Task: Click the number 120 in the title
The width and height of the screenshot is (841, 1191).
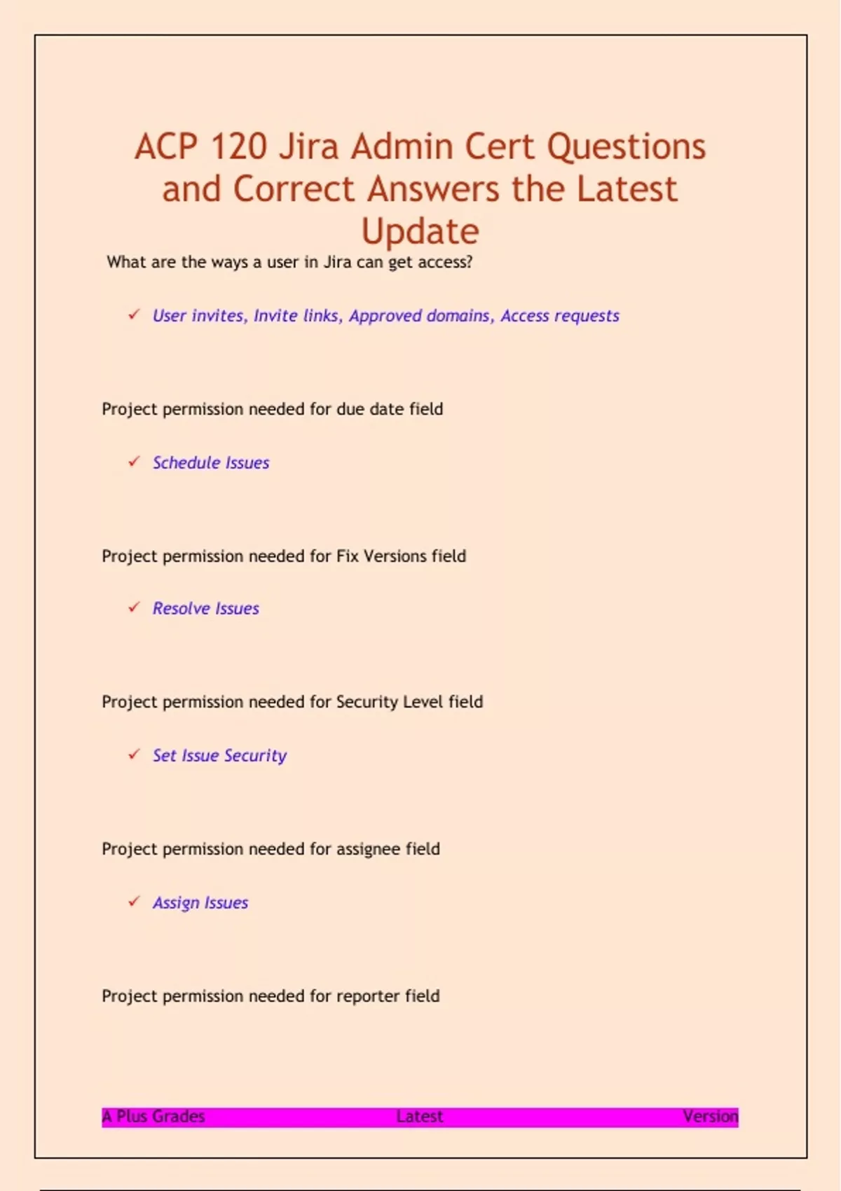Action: [238, 147]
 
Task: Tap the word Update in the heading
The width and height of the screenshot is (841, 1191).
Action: [420, 231]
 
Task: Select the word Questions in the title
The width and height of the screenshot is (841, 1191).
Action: [626, 147]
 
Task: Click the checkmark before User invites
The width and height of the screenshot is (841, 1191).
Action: [134, 315]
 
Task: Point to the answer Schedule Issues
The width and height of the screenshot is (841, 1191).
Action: [211, 462]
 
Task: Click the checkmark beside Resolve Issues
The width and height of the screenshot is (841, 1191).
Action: [134, 607]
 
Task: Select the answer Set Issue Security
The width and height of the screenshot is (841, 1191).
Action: [219, 755]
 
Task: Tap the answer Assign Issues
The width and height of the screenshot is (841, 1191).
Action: [200, 902]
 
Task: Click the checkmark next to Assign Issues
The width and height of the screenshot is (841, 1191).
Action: [134, 902]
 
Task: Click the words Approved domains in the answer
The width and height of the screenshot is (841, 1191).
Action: [419, 316]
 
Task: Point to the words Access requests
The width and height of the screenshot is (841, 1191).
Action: [559, 316]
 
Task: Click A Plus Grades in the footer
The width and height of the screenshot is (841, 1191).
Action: [153, 1116]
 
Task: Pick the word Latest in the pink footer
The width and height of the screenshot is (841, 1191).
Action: [419, 1116]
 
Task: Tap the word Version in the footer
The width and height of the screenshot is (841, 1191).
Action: [710, 1116]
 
